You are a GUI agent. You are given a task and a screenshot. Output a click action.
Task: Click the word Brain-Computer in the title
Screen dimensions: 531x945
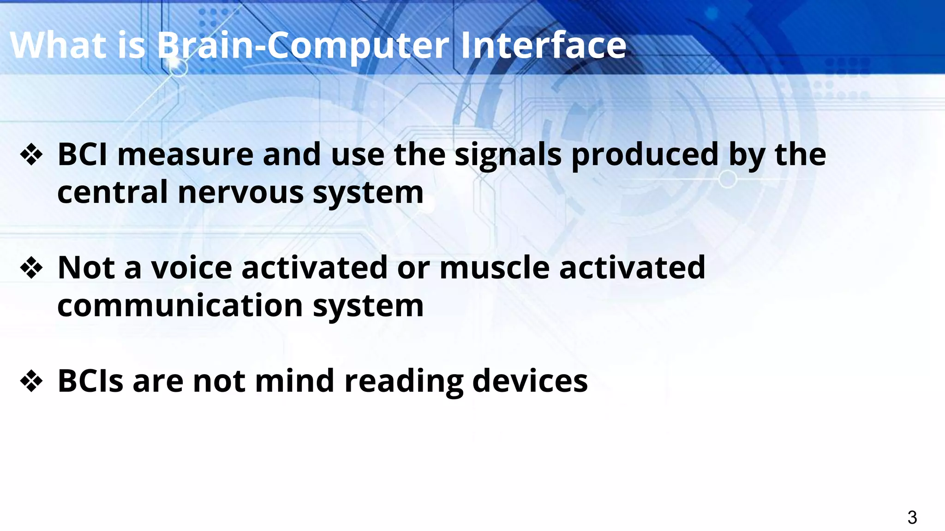(x=303, y=45)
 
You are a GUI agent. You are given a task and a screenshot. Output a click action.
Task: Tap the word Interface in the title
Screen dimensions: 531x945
(x=543, y=45)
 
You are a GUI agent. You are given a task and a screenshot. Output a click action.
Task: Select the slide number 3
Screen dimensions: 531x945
(x=912, y=517)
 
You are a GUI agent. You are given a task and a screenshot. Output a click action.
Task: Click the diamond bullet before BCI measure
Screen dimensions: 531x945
(x=31, y=155)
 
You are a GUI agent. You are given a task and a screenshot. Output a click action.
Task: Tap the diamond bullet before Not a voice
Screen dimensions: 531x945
(x=31, y=268)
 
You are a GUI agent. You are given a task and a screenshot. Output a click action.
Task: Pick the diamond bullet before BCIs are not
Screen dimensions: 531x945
(x=31, y=381)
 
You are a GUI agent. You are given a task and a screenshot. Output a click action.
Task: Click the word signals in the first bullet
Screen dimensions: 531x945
(x=508, y=155)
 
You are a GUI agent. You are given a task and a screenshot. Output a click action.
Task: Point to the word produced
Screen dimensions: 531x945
(x=645, y=155)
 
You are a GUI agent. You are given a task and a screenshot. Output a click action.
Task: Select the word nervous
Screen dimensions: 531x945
(x=240, y=193)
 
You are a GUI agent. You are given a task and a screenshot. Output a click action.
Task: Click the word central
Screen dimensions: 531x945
(x=112, y=193)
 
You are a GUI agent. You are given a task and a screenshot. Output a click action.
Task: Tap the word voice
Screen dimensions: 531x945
(x=191, y=268)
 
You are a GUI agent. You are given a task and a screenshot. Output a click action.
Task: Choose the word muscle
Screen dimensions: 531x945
(x=494, y=268)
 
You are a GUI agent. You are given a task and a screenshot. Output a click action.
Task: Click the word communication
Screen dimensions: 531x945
(x=180, y=306)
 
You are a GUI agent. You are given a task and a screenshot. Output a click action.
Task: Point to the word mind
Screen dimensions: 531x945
(x=294, y=381)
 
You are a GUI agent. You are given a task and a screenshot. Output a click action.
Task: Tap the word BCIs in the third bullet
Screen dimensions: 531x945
(x=90, y=381)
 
